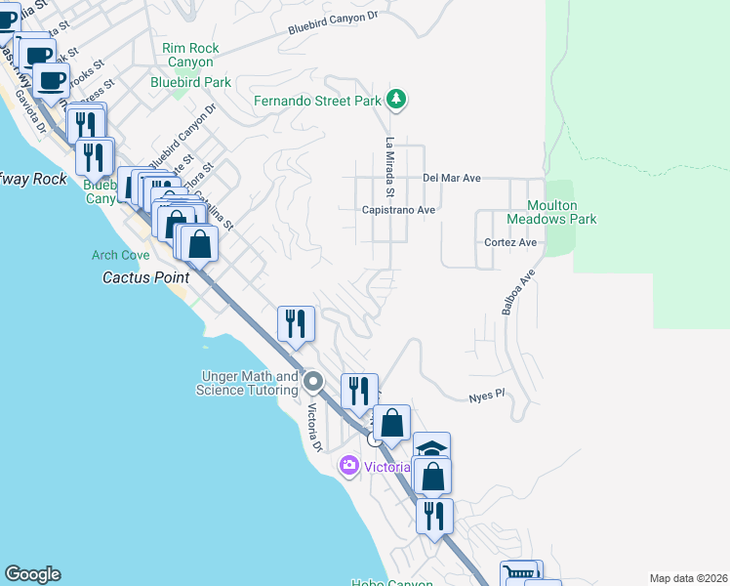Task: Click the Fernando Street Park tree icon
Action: pos(395,100)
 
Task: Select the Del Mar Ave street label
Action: pos(452,179)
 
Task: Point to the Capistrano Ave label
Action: pos(398,210)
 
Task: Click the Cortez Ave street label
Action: pos(510,242)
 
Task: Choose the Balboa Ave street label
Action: pos(518,292)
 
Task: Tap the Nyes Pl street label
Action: pos(485,395)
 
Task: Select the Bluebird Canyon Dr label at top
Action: pos(332,24)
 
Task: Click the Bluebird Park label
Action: pos(190,83)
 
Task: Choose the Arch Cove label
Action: pos(121,256)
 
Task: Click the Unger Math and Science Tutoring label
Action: pos(249,383)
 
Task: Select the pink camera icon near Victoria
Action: pos(349,466)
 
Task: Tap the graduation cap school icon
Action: pos(431,448)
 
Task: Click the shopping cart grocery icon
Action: pos(519,572)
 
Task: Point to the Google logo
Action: pos(32,574)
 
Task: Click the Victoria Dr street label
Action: pos(314,428)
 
